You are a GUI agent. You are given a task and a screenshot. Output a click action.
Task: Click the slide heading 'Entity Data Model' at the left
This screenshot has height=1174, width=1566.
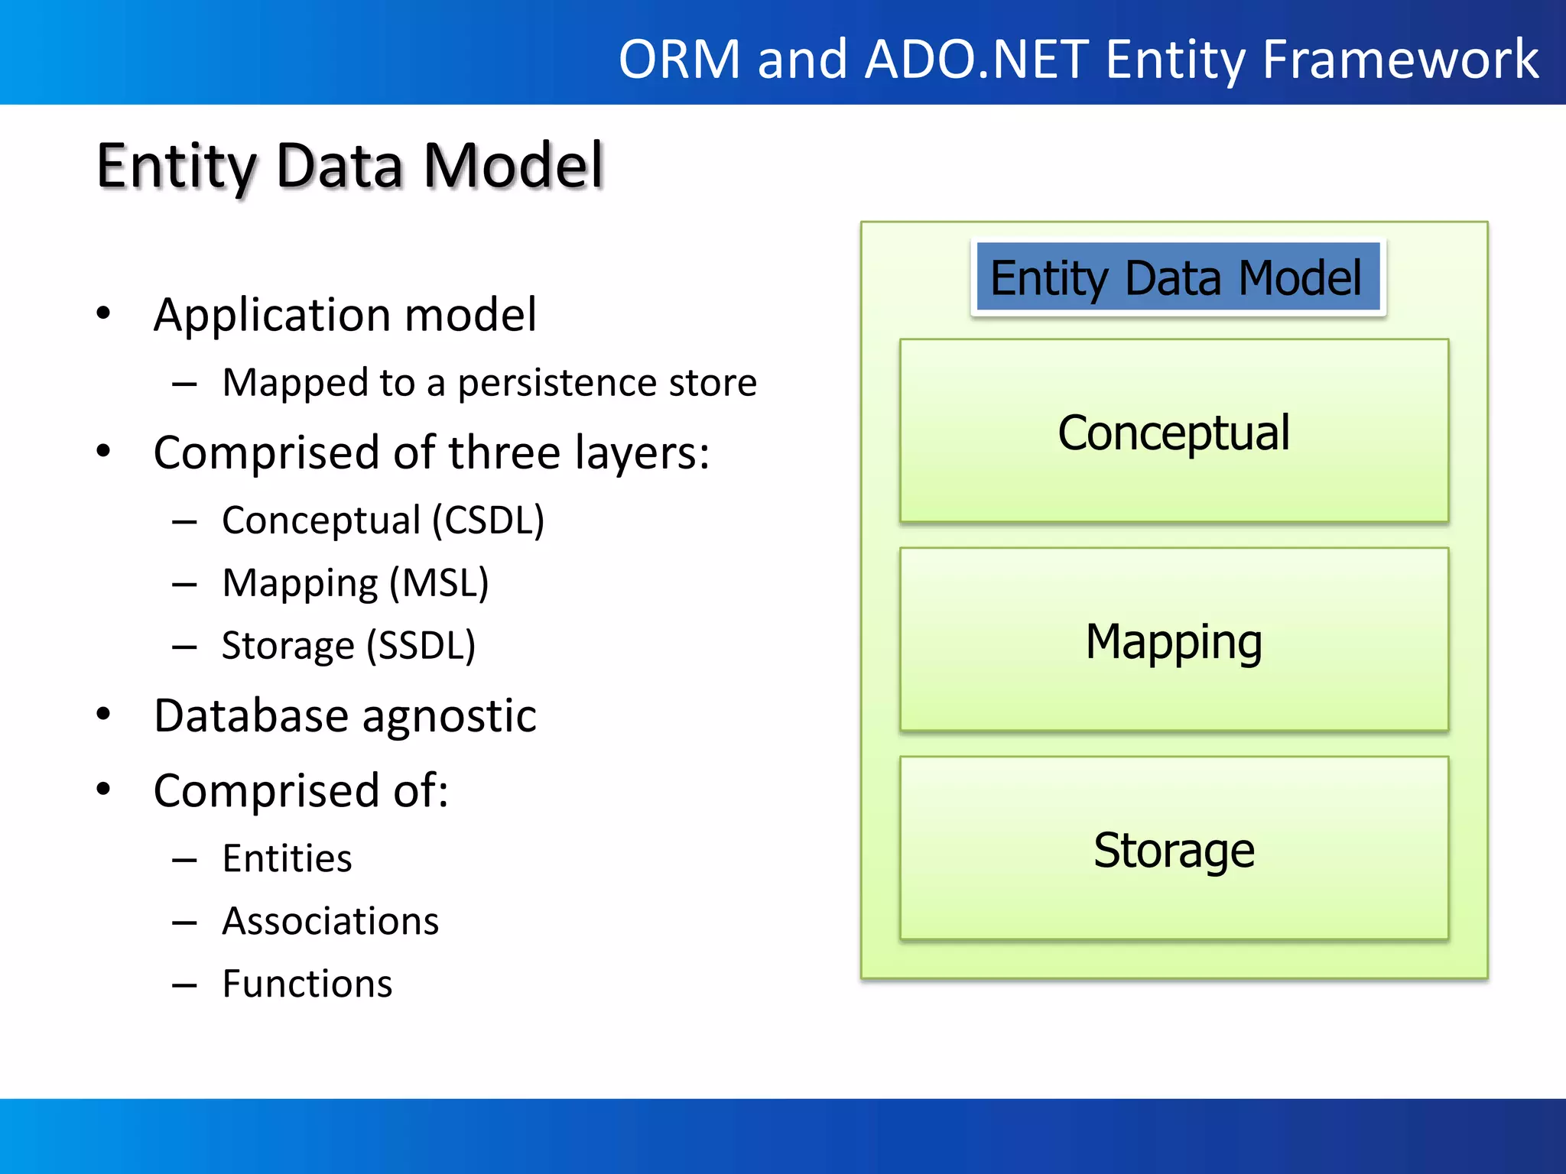point(350,166)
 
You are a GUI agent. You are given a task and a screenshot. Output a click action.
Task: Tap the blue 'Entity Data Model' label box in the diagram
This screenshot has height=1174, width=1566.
point(1178,277)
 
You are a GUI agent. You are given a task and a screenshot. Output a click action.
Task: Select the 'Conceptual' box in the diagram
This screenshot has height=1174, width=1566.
point(1174,432)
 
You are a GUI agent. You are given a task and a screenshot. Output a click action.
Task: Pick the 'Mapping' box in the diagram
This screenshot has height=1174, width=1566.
point(1174,641)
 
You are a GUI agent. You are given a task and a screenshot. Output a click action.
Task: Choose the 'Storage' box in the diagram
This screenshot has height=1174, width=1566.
point(1174,849)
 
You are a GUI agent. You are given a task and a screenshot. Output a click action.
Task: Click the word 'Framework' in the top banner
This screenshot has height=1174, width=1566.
point(1400,59)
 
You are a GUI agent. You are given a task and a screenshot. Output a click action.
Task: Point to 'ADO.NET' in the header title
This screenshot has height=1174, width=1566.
point(976,59)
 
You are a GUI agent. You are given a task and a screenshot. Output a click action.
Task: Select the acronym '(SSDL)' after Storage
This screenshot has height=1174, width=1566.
point(421,646)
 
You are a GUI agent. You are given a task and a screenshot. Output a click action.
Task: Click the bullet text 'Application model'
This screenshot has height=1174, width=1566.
point(345,314)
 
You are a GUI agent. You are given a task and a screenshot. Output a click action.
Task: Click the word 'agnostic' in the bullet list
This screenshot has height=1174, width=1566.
point(449,716)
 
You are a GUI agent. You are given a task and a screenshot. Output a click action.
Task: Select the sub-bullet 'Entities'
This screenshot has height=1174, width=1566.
point(288,858)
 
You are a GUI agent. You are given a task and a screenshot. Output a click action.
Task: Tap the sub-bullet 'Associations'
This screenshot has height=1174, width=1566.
point(330,921)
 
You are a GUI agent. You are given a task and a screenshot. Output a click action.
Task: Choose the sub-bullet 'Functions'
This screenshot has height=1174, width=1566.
point(307,984)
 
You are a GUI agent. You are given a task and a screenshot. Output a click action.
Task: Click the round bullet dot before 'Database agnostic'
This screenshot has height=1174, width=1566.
point(103,715)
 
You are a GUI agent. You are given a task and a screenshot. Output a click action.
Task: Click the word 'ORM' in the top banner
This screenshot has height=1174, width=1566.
point(680,59)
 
